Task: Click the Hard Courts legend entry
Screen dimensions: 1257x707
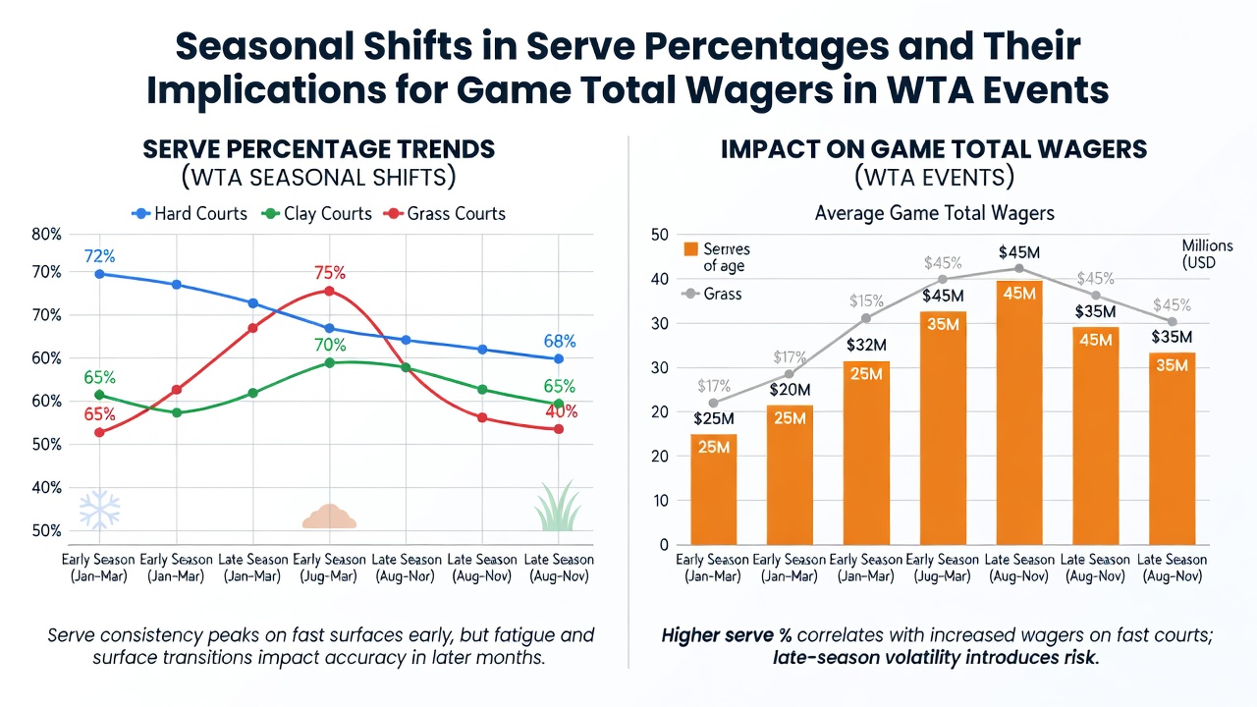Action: (190, 214)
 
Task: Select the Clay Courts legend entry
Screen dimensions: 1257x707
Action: (317, 214)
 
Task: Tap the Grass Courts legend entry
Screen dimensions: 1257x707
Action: (445, 214)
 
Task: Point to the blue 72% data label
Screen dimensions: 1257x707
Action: (100, 256)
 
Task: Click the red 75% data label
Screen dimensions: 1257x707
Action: (330, 273)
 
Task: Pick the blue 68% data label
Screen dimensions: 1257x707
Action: (560, 341)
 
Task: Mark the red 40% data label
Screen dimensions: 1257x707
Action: (562, 411)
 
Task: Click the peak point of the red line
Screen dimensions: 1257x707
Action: (329, 292)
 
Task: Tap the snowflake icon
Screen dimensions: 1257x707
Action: (100, 510)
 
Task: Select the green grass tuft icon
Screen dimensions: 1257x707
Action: (557, 506)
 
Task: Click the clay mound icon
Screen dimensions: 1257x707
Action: (329, 517)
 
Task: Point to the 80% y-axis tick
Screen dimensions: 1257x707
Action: (46, 235)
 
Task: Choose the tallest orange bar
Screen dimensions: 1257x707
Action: (1019, 412)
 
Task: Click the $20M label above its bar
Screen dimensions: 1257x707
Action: (790, 390)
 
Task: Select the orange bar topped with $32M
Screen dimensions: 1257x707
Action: (866, 453)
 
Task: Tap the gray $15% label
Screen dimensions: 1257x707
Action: (866, 301)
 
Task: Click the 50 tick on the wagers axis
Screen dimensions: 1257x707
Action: (660, 235)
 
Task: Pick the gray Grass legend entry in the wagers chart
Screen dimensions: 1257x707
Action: (712, 294)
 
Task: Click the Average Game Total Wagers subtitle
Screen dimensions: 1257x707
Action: (934, 213)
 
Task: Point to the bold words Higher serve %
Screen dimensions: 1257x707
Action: (727, 635)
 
